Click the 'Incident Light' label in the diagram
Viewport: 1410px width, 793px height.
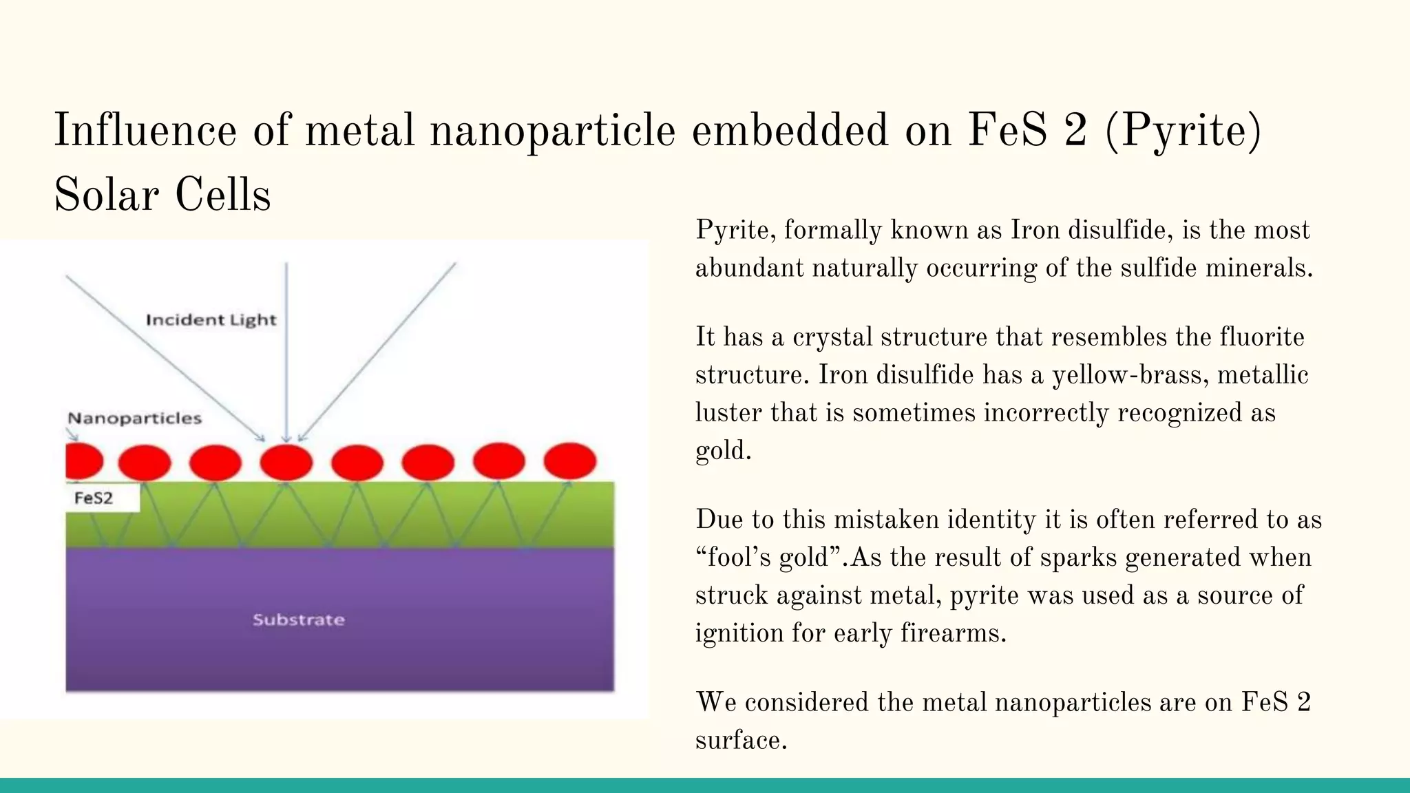(211, 320)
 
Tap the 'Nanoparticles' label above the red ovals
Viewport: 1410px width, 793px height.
(135, 419)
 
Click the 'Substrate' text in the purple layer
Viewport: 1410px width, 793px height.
(299, 620)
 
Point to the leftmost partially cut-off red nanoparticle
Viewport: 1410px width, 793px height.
(83, 461)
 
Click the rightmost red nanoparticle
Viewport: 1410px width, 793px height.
(570, 461)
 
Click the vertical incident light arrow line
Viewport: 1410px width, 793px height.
(286, 344)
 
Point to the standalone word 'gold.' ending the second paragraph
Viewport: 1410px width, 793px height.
(723, 452)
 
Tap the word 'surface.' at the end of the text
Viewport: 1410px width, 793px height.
(741, 741)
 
